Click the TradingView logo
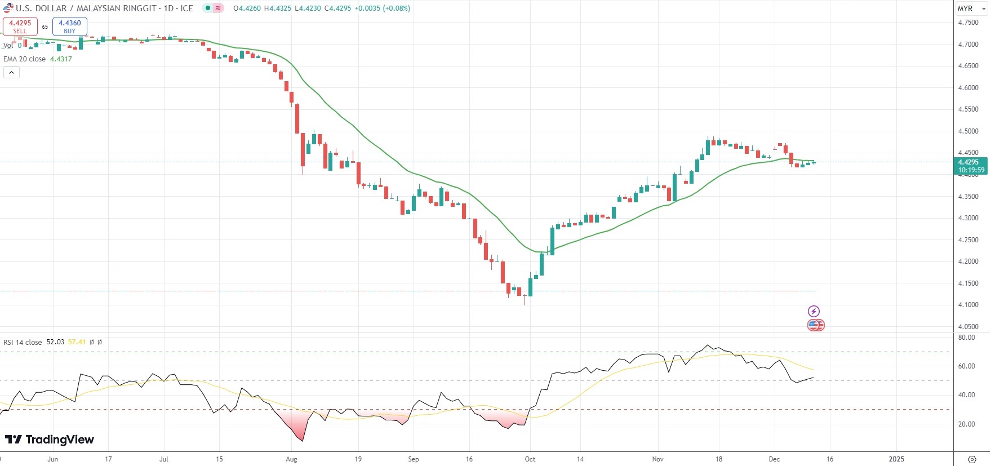click(x=50, y=440)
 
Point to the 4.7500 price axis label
click(x=968, y=23)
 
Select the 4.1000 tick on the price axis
click(x=968, y=305)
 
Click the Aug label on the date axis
click(x=291, y=459)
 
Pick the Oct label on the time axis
click(x=530, y=459)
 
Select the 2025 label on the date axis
click(x=896, y=459)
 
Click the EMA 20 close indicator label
click(x=25, y=59)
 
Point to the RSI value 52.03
click(x=55, y=342)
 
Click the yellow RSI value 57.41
click(x=77, y=342)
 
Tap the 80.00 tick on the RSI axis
click(x=966, y=338)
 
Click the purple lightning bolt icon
click(x=814, y=311)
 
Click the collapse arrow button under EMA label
click(x=11, y=73)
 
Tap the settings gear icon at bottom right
click(x=971, y=459)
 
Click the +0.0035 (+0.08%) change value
click(x=382, y=8)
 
